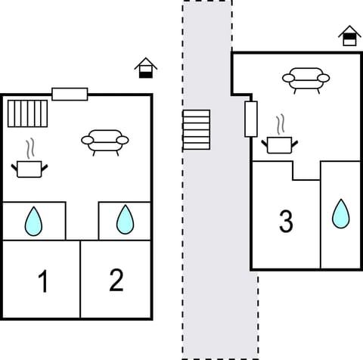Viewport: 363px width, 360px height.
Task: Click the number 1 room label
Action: [x=43, y=282]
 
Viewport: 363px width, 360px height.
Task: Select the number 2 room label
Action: [x=116, y=281]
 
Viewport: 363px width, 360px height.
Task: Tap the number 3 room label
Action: [x=286, y=222]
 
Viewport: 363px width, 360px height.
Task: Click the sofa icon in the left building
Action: [x=104, y=141]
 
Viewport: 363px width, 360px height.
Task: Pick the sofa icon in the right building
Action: [x=306, y=78]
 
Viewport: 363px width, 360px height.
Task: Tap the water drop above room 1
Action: [x=33, y=221]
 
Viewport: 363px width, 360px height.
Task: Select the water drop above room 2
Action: [x=124, y=220]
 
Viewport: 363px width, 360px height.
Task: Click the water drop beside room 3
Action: [x=341, y=213]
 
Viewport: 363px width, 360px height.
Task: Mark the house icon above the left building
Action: [x=146, y=68]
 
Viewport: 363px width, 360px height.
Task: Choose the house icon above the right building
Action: [x=349, y=36]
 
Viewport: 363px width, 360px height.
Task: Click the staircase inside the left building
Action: [x=28, y=113]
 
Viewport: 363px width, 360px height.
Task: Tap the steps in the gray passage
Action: [x=197, y=129]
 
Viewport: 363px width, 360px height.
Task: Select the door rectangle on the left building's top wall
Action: [x=70, y=94]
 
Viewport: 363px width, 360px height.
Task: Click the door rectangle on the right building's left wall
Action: [x=251, y=119]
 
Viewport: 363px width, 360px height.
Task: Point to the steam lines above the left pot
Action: [x=32, y=147]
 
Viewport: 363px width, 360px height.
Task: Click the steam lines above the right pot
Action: [x=281, y=123]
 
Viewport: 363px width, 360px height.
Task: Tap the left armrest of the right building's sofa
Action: [x=288, y=77]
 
